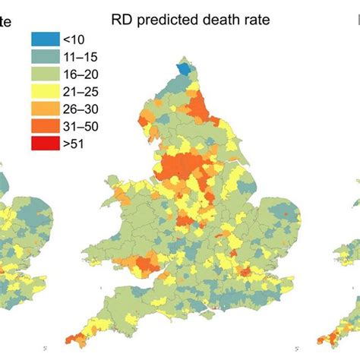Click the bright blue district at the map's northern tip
[184, 69]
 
